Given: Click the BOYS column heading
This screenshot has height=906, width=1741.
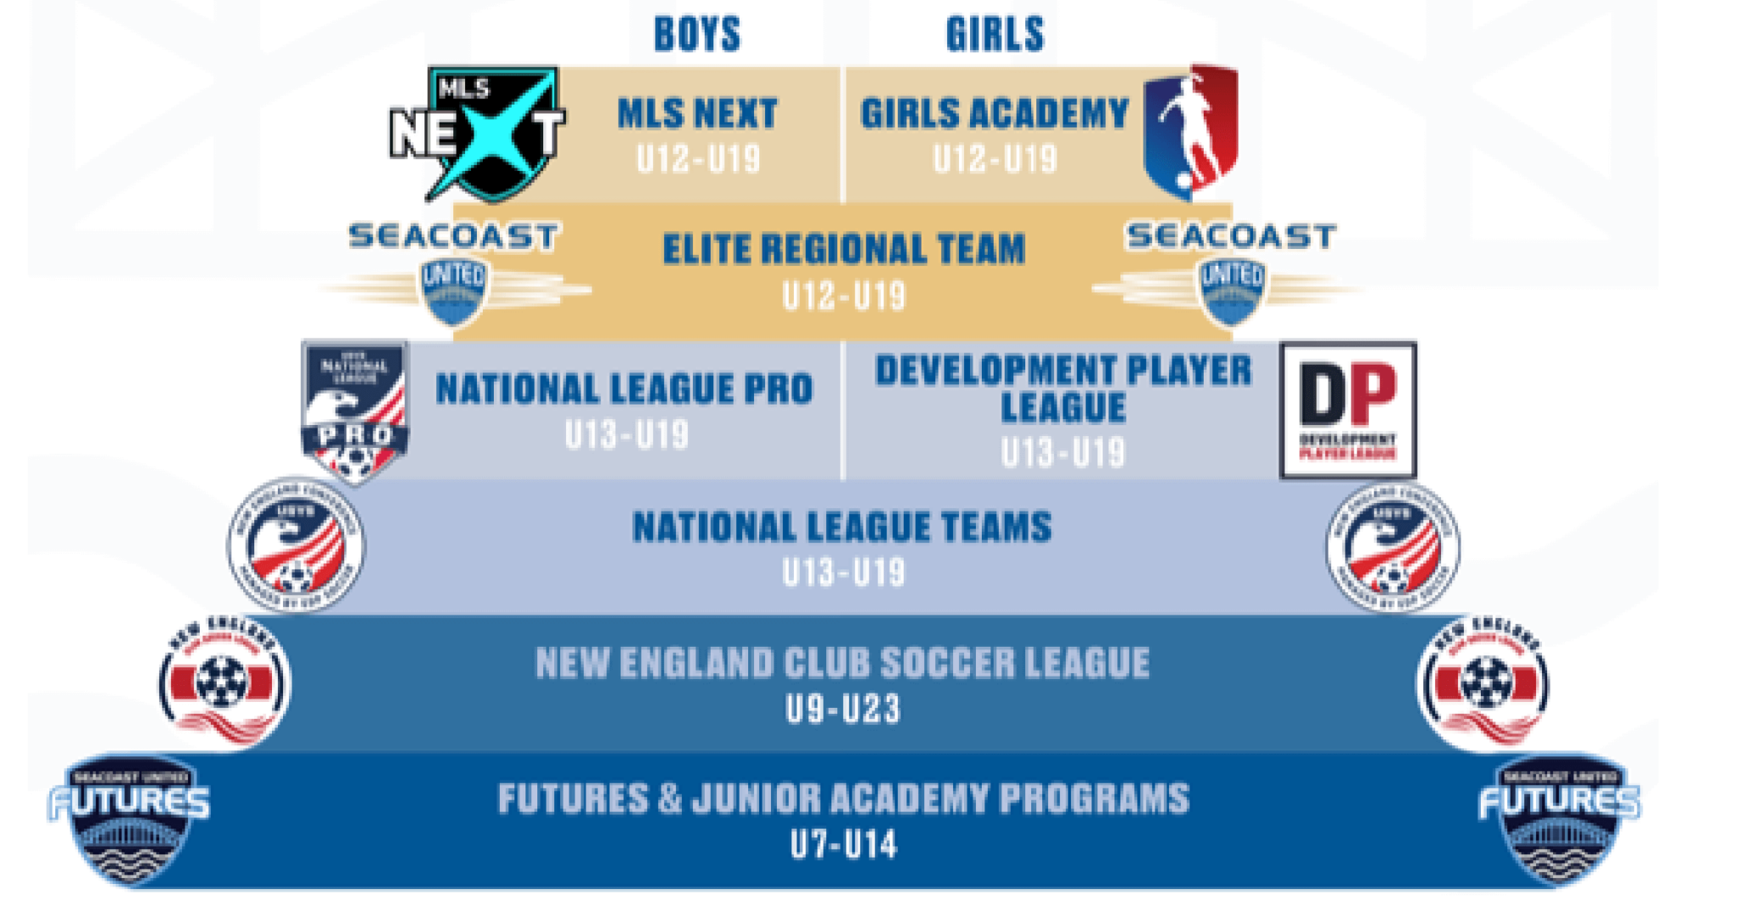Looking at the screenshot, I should coord(697,35).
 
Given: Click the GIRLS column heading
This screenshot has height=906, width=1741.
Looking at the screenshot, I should coord(995,35).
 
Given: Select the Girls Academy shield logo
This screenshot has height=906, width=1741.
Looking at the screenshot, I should coord(1190,132).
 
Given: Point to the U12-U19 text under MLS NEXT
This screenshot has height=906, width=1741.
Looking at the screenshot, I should coord(698,159).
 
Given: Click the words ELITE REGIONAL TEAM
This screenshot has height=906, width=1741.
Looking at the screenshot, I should coord(843,249).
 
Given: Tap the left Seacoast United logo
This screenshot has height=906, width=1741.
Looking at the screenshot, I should coord(454,272).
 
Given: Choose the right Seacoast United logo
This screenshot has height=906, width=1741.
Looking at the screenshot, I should coord(1231,272).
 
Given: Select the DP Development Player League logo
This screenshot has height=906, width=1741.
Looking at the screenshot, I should coord(1348,410).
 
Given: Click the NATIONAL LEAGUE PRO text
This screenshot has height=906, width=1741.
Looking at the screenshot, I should coord(625,389).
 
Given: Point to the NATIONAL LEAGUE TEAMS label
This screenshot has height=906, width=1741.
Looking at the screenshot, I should coord(842,527).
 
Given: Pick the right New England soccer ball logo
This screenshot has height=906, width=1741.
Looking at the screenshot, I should coord(1483,683).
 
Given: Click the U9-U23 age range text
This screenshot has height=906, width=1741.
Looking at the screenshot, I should coord(842,710).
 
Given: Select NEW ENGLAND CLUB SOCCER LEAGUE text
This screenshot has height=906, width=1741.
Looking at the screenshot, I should coord(842,663).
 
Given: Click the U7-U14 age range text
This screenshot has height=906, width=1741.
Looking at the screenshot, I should coord(843,846).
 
